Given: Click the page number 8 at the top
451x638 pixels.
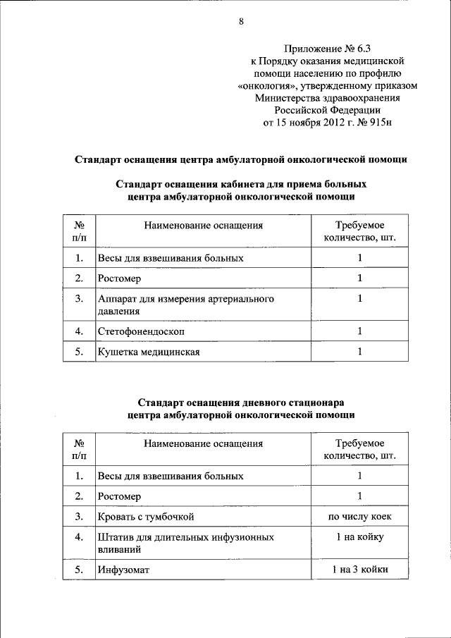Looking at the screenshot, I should click(241, 22).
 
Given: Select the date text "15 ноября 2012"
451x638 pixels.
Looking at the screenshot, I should click(311, 122).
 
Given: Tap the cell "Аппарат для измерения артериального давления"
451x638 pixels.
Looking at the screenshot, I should click(186, 305).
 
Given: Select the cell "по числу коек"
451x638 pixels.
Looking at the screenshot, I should click(359, 517).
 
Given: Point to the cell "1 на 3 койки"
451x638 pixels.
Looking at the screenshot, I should click(359, 569).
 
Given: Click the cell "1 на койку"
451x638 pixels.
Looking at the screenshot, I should click(359, 538).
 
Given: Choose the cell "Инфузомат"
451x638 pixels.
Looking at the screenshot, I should click(124, 569).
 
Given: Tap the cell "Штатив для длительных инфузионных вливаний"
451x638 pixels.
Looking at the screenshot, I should click(186, 542).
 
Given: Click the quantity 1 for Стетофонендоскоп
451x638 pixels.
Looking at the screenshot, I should click(359, 330).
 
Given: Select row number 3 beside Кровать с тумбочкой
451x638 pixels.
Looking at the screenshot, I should click(79, 517).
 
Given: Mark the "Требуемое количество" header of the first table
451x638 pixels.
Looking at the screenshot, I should click(359, 231).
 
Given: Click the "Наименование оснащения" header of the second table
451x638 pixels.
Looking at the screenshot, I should click(204, 443).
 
